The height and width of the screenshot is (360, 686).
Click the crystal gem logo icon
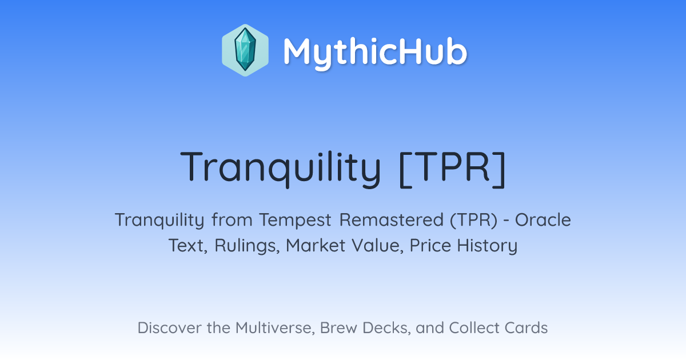(x=245, y=50)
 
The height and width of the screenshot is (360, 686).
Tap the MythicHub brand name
(x=375, y=52)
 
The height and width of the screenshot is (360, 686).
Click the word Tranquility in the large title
(x=281, y=168)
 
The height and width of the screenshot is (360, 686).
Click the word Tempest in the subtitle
(x=295, y=220)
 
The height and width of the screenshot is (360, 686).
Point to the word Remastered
(x=392, y=219)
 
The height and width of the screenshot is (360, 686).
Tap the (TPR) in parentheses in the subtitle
(x=474, y=220)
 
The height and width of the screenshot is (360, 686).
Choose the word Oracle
(x=543, y=219)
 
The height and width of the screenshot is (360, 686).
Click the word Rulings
(x=247, y=246)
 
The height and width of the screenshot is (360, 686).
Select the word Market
(x=316, y=245)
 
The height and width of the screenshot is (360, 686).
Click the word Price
(x=430, y=245)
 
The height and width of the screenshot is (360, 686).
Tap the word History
(x=487, y=246)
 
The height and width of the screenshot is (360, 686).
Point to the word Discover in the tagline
(x=170, y=327)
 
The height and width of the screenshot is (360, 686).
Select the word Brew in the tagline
(x=338, y=327)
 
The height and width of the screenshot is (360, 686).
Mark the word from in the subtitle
(x=232, y=220)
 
